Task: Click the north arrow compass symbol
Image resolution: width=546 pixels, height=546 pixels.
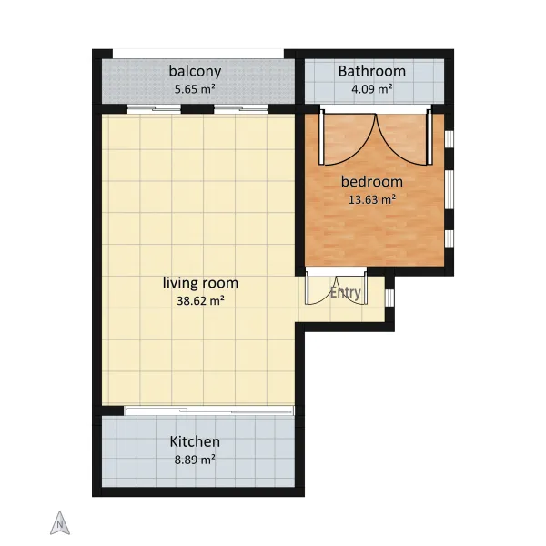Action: click(x=60, y=523)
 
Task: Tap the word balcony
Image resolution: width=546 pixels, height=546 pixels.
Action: click(x=195, y=71)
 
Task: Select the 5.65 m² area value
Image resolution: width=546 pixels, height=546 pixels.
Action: click(x=195, y=89)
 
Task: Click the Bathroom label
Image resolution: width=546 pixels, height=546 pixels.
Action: click(x=372, y=71)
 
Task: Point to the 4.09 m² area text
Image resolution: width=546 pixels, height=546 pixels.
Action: click(x=372, y=89)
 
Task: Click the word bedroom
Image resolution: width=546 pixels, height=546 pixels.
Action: click(x=372, y=181)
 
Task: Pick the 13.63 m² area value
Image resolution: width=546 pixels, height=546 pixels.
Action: click(x=372, y=199)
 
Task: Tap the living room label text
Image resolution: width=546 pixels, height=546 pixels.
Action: click(x=200, y=283)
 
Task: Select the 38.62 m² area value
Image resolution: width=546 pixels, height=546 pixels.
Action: click(x=200, y=300)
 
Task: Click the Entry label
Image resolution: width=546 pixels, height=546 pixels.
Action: click(x=346, y=292)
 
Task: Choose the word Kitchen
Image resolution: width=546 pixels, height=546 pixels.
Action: click(x=195, y=441)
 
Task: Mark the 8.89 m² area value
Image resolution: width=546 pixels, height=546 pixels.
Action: click(x=195, y=460)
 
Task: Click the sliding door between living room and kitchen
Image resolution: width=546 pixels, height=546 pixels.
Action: click(x=209, y=410)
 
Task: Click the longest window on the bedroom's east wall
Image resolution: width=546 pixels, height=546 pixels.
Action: click(x=450, y=190)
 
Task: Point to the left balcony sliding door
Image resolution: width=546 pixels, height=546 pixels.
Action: click(x=154, y=109)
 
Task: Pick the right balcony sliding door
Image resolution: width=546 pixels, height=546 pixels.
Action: click(x=240, y=109)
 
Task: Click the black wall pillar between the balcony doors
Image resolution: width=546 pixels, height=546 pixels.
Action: click(x=197, y=109)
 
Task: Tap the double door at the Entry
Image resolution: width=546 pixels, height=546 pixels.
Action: click(x=336, y=287)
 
